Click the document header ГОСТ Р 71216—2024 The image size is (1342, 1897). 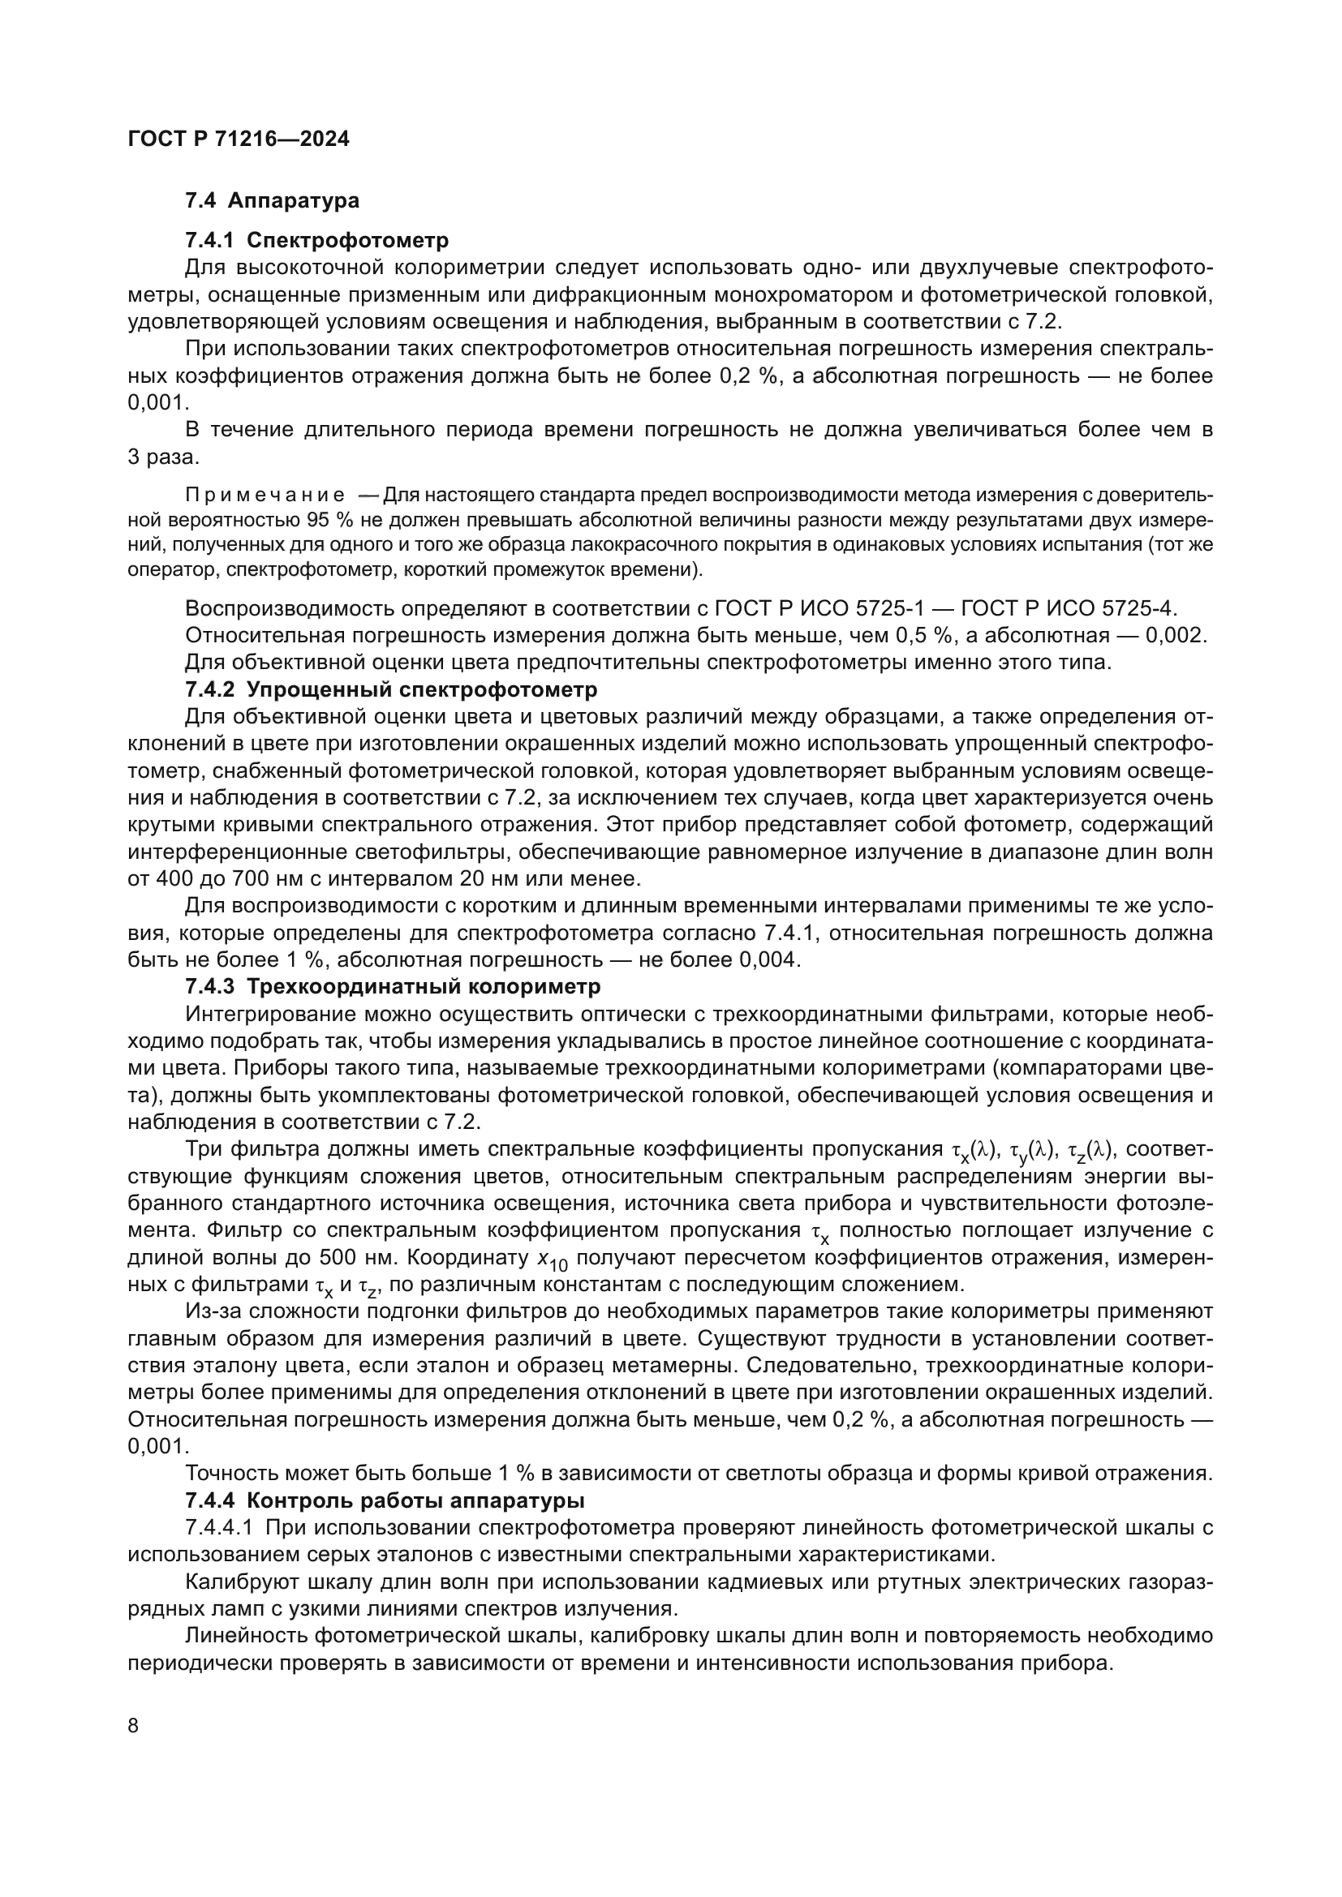pyautogui.click(x=239, y=139)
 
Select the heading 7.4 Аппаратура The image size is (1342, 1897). pyautogui.click(x=272, y=201)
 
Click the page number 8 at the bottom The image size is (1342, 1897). pyautogui.click(x=134, y=1726)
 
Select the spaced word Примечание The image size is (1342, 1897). pyautogui.click(x=265, y=496)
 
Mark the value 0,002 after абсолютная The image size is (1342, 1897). pyautogui.click(x=1176, y=635)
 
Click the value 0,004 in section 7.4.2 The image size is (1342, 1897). pyautogui.click(x=769, y=959)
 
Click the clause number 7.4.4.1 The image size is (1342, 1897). pyautogui.click(x=219, y=1528)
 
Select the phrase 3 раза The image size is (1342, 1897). pyautogui.click(x=163, y=457)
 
